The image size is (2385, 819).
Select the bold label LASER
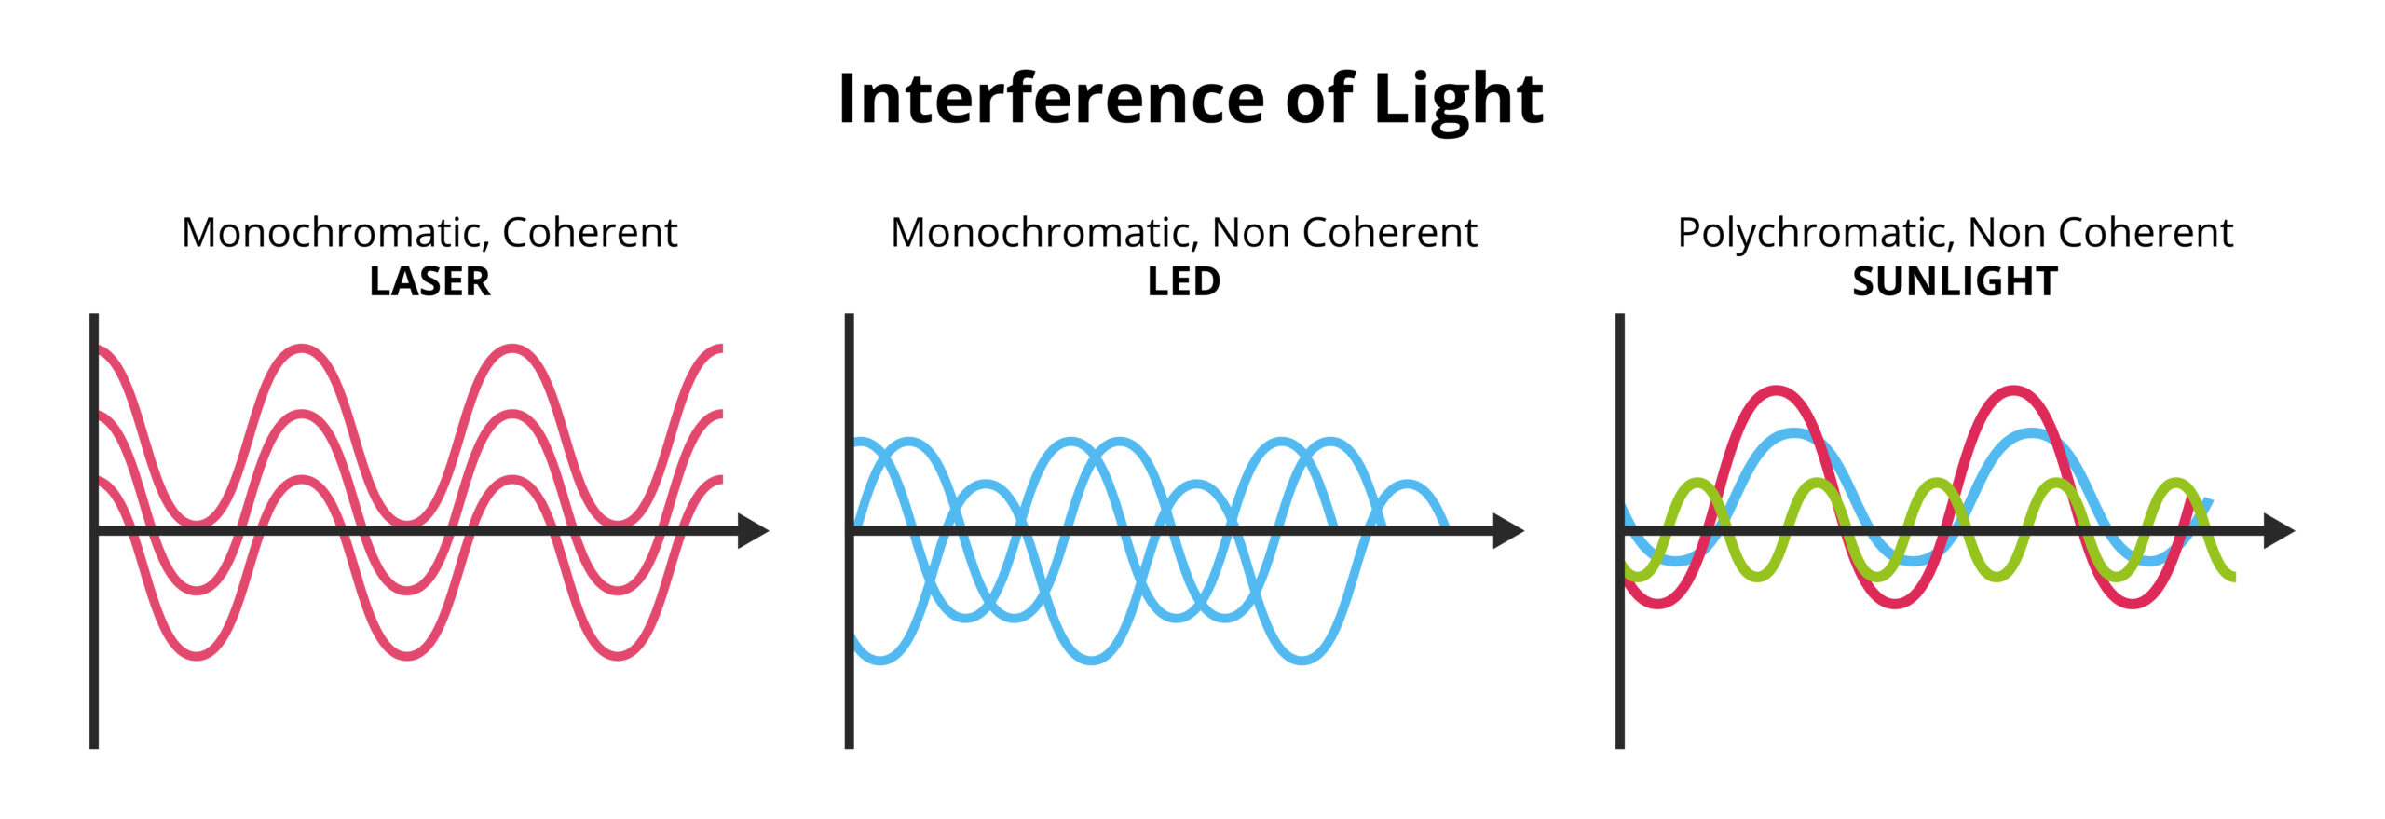tap(429, 281)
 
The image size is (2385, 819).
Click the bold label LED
tap(1183, 281)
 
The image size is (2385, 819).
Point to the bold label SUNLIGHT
tap(1955, 281)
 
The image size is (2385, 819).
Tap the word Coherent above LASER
tap(590, 233)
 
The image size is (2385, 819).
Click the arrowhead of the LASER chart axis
tap(753, 530)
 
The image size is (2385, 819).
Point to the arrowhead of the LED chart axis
tap(1507, 530)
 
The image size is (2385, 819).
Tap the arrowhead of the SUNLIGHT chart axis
tap(2278, 530)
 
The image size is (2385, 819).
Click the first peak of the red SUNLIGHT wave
tap(1777, 390)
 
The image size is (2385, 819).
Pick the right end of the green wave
tap(2232, 578)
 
